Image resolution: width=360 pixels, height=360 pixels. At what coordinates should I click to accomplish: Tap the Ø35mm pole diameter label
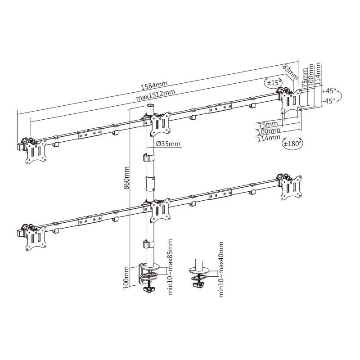point(167,144)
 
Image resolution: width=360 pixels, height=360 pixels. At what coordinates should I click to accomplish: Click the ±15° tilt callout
point(274,83)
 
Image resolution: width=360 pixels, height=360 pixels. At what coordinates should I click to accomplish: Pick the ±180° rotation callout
point(292,144)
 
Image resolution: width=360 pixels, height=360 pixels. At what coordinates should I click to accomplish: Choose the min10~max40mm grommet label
point(221,269)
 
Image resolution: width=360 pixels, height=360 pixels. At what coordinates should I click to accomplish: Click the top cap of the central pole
point(149,107)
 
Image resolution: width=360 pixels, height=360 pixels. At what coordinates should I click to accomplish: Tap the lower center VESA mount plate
point(160,210)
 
